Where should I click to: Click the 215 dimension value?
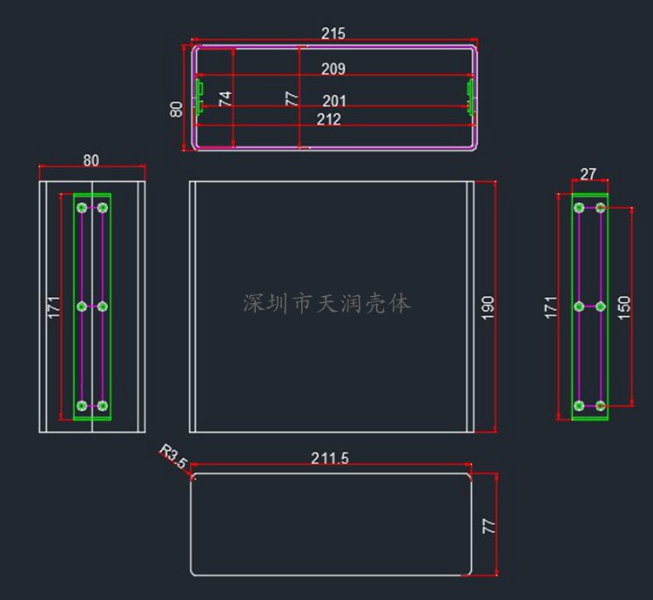click(333, 34)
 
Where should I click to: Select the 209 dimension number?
click(333, 69)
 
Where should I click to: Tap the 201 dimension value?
click(334, 102)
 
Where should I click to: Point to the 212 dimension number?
click(328, 119)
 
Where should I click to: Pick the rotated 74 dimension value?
click(226, 98)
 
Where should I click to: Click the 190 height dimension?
click(488, 307)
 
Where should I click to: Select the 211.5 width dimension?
click(330, 458)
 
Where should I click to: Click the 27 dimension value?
click(588, 174)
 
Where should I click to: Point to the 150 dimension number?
click(623, 307)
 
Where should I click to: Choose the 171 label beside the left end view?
click(54, 307)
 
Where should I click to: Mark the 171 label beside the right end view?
click(551, 307)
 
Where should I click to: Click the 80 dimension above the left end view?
click(91, 160)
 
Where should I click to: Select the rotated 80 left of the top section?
click(177, 109)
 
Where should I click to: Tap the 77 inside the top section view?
click(293, 98)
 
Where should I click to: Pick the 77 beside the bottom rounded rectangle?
click(489, 526)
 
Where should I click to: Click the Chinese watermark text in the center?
click(326, 303)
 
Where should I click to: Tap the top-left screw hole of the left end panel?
click(82, 207)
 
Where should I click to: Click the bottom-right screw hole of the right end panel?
click(600, 406)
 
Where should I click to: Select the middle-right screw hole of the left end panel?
click(103, 306)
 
